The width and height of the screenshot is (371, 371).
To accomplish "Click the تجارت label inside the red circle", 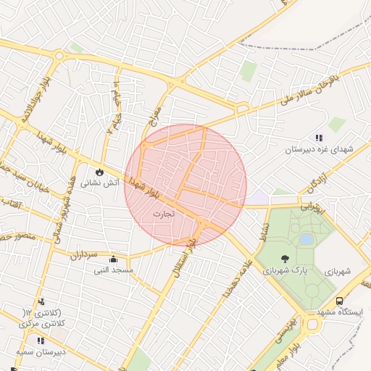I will (x=164, y=214).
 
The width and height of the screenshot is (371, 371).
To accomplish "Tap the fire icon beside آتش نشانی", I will (x=99, y=172).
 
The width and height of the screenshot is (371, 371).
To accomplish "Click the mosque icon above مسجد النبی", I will (x=112, y=259).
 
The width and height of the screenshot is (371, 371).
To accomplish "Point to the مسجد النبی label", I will (x=112, y=270).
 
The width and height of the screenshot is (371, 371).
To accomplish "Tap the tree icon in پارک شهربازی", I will (x=285, y=259).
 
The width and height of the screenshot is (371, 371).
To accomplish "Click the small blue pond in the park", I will (x=307, y=238).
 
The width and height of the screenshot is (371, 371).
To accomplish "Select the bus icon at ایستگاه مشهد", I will (x=339, y=301).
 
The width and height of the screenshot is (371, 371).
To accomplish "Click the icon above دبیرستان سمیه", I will (x=41, y=341).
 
